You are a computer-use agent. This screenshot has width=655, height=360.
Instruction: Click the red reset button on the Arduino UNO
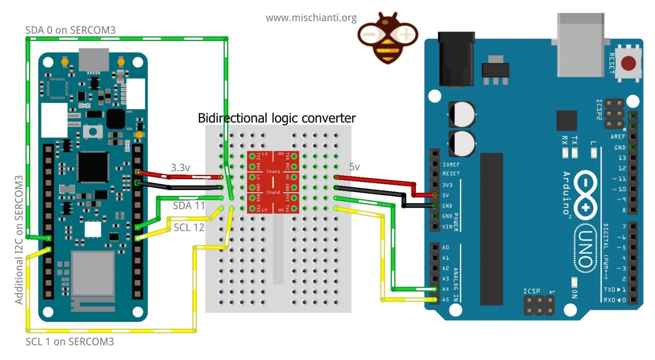628,63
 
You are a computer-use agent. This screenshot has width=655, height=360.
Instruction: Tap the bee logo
388,38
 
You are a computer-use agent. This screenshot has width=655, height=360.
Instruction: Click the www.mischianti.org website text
311,18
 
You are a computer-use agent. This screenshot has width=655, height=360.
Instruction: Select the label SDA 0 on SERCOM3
70,30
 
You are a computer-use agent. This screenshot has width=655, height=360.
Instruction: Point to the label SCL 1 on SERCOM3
70,342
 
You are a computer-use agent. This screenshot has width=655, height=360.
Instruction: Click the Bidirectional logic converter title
277,118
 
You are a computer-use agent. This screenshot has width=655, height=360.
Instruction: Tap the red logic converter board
273,182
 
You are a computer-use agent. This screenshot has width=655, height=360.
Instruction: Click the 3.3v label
180,168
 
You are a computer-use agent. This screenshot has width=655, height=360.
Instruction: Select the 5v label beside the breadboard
354,167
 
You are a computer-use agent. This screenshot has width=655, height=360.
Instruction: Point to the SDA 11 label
189,206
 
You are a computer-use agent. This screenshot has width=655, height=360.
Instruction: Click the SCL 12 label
189,227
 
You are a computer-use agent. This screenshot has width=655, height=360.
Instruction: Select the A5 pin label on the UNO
446,299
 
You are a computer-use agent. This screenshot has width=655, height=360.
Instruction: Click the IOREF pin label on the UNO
451,165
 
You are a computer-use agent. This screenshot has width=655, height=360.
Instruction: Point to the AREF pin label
618,136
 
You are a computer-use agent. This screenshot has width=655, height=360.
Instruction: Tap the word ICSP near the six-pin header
531,291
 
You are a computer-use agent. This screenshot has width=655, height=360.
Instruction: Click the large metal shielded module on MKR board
93,273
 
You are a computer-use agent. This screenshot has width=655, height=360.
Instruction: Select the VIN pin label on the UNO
447,226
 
